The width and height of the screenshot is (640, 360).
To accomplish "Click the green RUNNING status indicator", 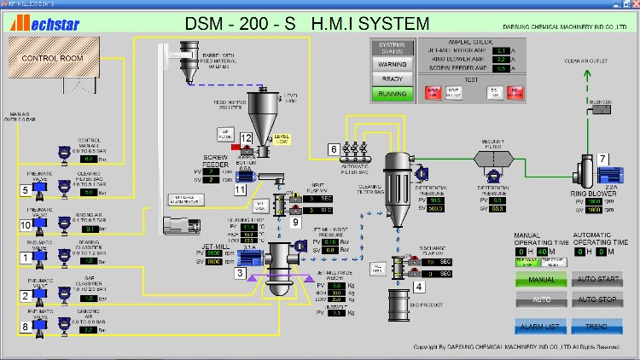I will tap(392, 94).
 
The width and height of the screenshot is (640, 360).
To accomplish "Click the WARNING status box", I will tap(392, 63).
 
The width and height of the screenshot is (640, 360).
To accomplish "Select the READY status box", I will tap(392, 78).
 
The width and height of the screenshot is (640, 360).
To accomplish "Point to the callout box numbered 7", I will tap(602, 159).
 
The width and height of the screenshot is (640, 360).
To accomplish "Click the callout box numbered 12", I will tap(247, 138).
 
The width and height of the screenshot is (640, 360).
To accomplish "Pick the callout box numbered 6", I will tap(334, 149).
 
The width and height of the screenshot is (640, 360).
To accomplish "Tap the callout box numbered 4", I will tap(418, 287).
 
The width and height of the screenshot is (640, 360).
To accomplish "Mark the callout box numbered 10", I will tap(26, 225).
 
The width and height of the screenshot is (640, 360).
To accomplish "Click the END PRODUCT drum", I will tap(399, 305).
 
